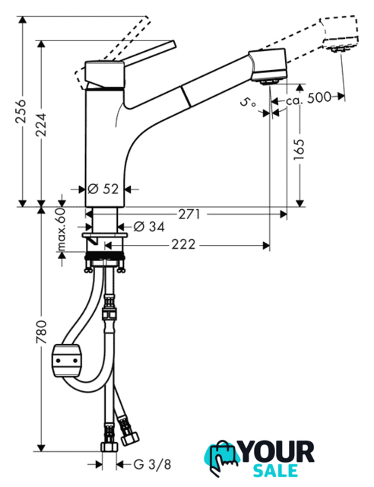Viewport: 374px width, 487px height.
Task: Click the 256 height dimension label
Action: [21, 111]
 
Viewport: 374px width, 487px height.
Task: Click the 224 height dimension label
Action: [40, 125]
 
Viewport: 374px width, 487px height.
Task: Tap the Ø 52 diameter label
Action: [103, 189]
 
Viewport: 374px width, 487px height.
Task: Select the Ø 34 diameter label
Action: [149, 227]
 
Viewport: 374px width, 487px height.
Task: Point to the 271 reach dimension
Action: [189, 214]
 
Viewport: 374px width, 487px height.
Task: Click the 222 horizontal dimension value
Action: [183, 245]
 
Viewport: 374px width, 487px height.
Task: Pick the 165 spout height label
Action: [299, 150]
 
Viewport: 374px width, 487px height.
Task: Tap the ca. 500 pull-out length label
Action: [309, 98]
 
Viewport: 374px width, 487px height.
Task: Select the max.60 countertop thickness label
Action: [62, 229]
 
